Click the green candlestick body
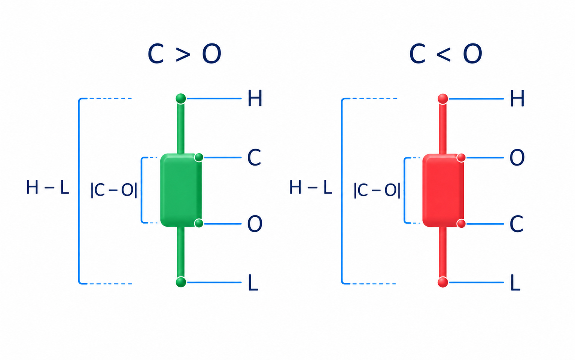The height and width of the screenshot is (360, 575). tap(181, 190)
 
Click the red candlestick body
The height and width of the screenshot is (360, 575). tap(443, 190)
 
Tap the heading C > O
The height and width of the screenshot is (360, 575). tap(184, 54)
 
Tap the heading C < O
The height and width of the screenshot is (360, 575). tap(445, 54)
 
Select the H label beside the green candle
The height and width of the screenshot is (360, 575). tap(255, 98)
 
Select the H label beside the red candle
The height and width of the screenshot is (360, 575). tap(517, 99)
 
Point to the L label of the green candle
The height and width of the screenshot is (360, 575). tap(253, 282)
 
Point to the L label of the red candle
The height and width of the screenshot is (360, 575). tap(515, 282)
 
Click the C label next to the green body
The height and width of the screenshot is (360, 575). tap(254, 157)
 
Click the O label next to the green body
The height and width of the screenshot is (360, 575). tap(255, 224)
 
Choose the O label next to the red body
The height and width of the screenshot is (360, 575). tap(517, 157)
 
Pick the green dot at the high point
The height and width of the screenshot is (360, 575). tap(181, 99)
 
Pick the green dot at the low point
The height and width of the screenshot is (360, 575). tap(181, 282)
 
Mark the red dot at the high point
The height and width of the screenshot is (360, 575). tap(443, 99)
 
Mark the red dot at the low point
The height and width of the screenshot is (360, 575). tap(443, 282)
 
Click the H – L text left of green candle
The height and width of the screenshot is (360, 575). tap(48, 187)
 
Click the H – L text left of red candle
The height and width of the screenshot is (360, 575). tap(311, 187)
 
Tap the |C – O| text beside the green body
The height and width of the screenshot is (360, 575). tap(114, 190)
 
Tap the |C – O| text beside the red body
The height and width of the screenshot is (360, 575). tap(377, 190)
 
